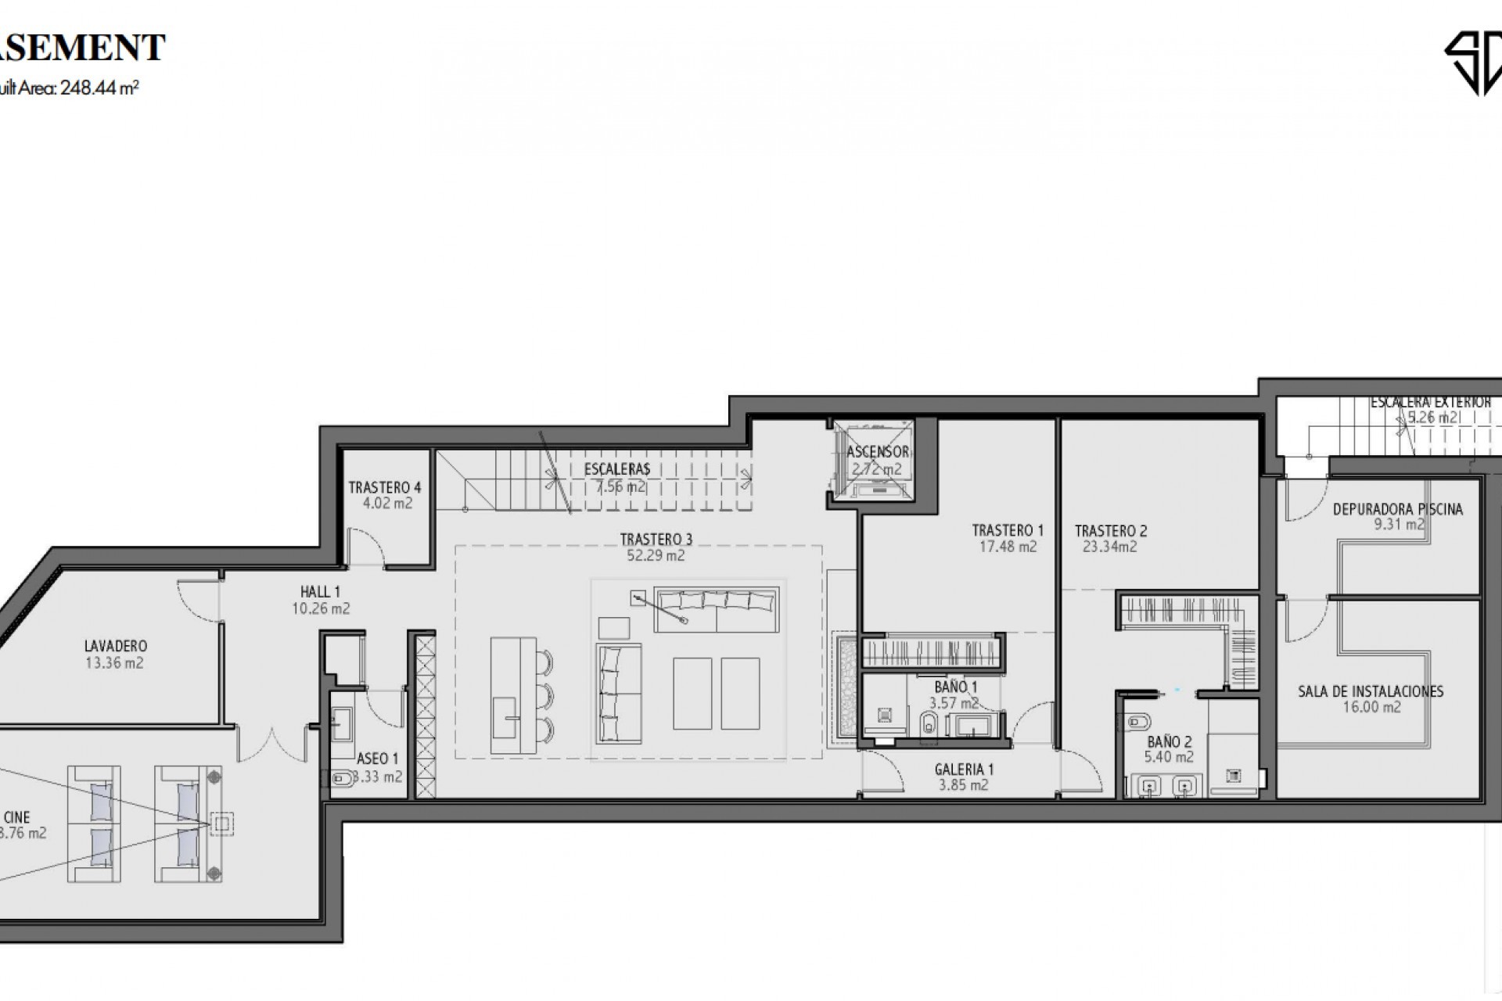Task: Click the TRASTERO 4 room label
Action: (384, 488)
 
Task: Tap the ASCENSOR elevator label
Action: (878, 452)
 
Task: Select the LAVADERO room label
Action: (116, 646)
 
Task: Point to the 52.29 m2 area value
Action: (656, 556)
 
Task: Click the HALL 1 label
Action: (320, 592)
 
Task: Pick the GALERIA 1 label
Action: (964, 770)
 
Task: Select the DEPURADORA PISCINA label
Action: (1397, 509)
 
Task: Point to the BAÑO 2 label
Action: (1170, 742)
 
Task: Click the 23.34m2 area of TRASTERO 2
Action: (1109, 547)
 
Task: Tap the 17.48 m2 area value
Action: (1008, 547)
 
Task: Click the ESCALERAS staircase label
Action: (617, 469)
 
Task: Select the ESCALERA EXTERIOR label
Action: (1430, 402)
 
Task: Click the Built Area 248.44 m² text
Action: (70, 88)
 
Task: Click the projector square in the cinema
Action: (221, 823)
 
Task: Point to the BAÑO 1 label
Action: (956, 687)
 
